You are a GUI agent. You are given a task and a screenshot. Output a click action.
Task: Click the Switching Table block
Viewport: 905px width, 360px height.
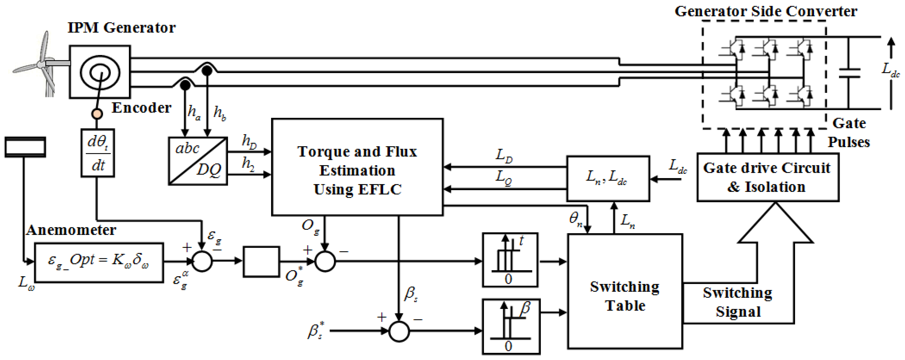pos(625,292)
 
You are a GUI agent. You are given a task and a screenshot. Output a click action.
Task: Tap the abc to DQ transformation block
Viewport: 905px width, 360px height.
pos(198,161)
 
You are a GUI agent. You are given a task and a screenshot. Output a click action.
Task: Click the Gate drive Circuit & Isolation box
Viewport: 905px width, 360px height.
pos(768,177)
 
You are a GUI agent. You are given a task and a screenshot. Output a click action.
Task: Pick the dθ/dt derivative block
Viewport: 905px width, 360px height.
pos(98,153)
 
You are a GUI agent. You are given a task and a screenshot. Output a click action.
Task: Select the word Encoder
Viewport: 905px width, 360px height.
pos(141,108)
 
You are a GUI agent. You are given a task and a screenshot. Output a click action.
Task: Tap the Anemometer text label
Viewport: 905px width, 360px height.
pos(71,230)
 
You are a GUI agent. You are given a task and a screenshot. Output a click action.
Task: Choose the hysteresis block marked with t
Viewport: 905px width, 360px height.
pos(510,260)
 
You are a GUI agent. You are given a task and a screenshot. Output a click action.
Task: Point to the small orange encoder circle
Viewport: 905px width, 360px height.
pos(97,114)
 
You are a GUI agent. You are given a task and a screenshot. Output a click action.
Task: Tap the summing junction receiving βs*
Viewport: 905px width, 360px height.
pos(399,331)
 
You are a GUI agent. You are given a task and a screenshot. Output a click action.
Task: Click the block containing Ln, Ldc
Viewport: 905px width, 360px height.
pos(608,178)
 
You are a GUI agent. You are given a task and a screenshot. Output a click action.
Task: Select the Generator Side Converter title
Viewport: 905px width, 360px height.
pos(766,11)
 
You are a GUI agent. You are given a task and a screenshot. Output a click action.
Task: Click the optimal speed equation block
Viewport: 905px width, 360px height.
pos(99,262)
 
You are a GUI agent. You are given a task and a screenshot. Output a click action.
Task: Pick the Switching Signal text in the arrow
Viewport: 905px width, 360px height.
pos(738,302)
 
